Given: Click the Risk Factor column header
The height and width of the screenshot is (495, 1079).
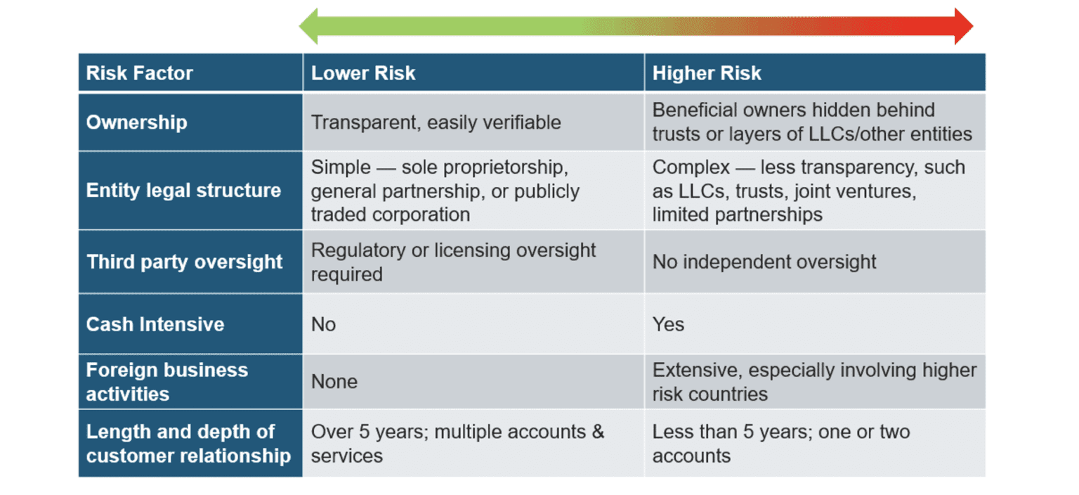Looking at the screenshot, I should (x=139, y=73).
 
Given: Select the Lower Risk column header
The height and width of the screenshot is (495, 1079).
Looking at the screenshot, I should (x=363, y=73).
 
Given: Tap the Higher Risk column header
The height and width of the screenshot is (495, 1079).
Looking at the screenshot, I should (x=706, y=73).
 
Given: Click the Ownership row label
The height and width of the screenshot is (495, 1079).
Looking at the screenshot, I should (x=136, y=122).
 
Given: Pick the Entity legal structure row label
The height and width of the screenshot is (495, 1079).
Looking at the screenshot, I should (x=183, y=191).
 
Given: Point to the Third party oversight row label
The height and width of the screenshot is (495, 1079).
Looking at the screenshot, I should (x=185, y=262).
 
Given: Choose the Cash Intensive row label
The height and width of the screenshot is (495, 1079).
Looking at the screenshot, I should (x=155, y=324).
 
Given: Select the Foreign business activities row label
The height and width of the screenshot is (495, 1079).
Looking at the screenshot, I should (x=167, y=382).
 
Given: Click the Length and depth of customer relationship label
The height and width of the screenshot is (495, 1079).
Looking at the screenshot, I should (x=188, y=444).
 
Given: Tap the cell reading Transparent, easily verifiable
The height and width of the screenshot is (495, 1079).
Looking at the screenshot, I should (x=436, y=122).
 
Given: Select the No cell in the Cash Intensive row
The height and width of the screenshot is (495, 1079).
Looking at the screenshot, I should (x=324, y=324).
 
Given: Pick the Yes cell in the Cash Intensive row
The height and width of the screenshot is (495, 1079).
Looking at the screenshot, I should (x=668, y=324).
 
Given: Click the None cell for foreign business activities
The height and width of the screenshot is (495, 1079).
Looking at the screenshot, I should (x=334, y=382).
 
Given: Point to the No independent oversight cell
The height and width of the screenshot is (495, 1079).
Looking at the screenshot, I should (x=764, y=262).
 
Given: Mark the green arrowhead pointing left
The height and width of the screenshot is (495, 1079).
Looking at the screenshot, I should (x=309, y=27).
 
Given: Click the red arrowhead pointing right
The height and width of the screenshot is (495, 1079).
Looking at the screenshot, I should (x=963, y=27).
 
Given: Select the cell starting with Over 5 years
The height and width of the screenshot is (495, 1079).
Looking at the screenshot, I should (x=457, y=444).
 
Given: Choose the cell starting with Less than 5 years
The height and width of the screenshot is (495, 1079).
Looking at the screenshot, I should (x=780, y=444).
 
